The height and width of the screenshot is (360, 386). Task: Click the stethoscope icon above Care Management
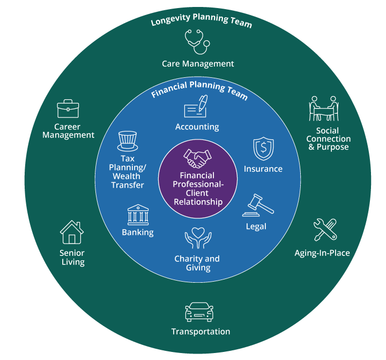(x=196, y=41)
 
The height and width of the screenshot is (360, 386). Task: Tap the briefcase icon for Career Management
(x=68, y=109)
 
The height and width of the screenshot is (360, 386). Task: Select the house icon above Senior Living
(x=72, y=233)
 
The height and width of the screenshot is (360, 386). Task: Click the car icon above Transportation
(x=199, y=311)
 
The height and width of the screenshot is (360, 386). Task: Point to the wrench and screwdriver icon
(x=325, y=230)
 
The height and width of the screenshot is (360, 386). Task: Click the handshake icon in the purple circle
(x=197, y=159)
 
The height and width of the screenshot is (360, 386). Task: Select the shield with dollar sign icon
(x=263, y=149)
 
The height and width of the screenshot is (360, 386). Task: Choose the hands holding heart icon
(x=198, y=239)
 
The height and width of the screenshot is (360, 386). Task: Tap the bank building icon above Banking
(x=138, y=214)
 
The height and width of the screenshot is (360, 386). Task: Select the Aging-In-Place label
(x=322, y=253)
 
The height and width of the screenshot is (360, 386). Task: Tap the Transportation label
(x=201, y=332)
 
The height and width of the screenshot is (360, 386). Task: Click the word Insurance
(x=263, y=169)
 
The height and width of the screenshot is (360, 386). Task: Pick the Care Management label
(x=198, y=64)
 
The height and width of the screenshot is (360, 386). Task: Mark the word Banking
(x=138, y=232)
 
